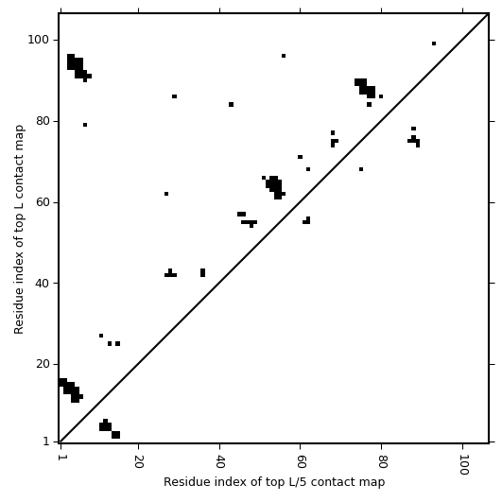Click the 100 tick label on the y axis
[38, 40]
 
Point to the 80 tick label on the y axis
[42, 121]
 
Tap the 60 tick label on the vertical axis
[42, 202]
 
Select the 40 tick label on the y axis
[42, 284]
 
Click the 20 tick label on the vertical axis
[42, 364]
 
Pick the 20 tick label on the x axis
[138, 461]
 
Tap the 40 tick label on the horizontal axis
[219, 461]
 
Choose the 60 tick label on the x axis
[301, 461]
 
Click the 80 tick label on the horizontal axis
[382, 461]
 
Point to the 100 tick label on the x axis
[463, 464]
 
